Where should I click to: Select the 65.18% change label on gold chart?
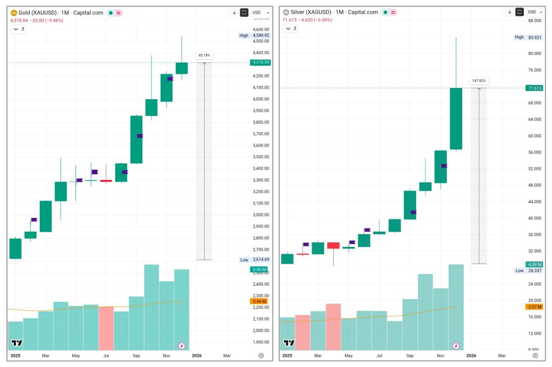click(x=204, y=55)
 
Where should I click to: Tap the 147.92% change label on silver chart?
click(x=479, y=81)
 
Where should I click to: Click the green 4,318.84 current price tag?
click(x=260, y=63)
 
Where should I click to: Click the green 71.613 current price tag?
click(x=535, y=88)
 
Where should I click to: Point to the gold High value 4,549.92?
click(x=260, y=36)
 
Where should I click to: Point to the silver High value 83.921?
click(x=535, y=37)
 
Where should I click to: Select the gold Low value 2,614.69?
click(x=260, y=260)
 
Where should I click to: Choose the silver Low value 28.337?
click(x=535, y=271)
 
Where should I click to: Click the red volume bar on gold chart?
click(x=106, y=328)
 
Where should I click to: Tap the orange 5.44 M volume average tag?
click(x=260, y=301)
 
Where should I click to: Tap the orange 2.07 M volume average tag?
click(x=535, y=307)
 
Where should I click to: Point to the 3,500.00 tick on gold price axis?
click(x=260, y=157)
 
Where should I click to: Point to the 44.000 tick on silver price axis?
click(x=534, y=202)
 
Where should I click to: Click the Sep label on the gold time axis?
click(x=136, y=356)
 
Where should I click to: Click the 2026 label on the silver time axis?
click(x=471, y=356)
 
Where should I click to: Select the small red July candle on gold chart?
click(x=106, y=181)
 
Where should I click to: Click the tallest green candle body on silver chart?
click(x=456, y=119)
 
